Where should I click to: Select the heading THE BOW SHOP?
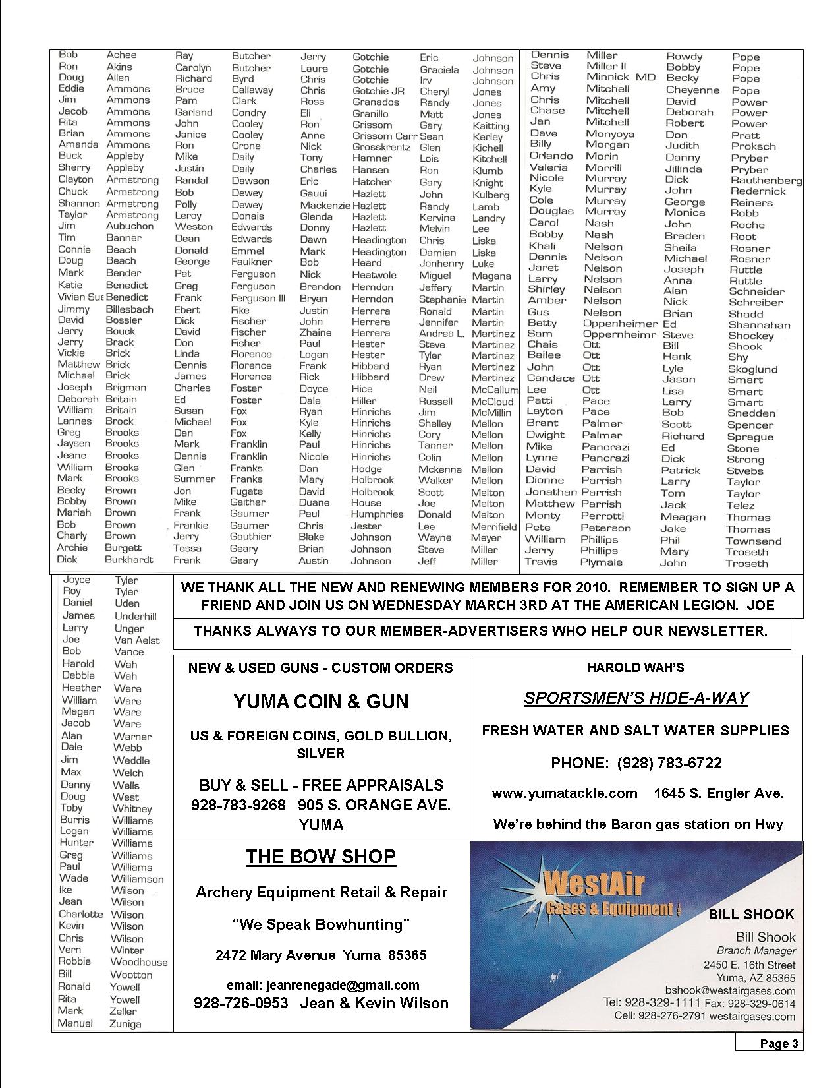tap(321, 857)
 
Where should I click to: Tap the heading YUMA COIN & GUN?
tap(321, 701)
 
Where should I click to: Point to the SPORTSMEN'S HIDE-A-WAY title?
tap(636, 698)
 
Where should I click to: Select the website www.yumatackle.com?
tap(565, 793)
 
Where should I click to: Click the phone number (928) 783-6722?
tap(669, 763)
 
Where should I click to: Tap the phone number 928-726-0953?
tap(240, 1003)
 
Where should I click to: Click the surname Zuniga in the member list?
tap(126, 1024)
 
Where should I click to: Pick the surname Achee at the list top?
tap(121, 55)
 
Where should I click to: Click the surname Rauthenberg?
tap(766, 180)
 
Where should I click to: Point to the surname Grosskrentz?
tap(381, 147)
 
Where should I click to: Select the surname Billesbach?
tap(129, 309)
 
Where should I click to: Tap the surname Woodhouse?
tap(139, 962)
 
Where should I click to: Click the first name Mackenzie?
tap(324, 205)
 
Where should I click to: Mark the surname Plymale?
tap(601, 562)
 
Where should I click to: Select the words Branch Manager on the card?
tap(756, 951)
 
